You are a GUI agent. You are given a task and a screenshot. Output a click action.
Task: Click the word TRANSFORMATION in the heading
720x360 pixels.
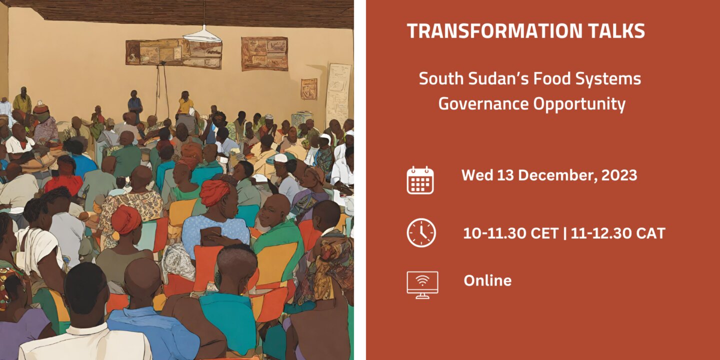tap(494, 31)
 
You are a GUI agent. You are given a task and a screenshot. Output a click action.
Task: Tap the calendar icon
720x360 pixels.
tap(420, 180)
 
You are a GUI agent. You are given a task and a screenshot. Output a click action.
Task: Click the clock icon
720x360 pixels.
tap(421, 232)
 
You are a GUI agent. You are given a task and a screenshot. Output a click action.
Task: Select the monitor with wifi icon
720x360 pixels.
tap(422, 285)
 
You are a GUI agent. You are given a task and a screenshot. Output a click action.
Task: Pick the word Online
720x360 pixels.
tap(487, 280)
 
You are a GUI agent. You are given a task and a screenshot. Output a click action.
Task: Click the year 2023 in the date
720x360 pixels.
tap(619, 175)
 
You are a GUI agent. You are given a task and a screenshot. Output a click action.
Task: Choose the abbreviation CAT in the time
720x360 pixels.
tap(650, 233)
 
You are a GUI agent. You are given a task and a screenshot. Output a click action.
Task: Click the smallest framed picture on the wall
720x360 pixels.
tap(309, 88)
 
